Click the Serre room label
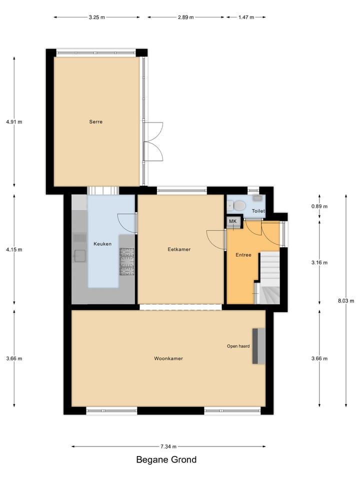(96, 121)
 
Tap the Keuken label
(102, 244)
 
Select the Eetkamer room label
(179, 249)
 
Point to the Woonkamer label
(168, 358)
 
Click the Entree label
(243, 255)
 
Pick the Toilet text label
(258, 211)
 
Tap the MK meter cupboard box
(232, 221)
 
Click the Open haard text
(238, 346)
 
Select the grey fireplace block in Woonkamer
(258, 346)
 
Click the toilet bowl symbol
(239, 205)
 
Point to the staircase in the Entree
(270, 277)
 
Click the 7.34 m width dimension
(168, 446)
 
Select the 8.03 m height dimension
(345, 300)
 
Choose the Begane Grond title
(166, 460)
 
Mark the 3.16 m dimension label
(319, 262)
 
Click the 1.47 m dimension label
(245, 17)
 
